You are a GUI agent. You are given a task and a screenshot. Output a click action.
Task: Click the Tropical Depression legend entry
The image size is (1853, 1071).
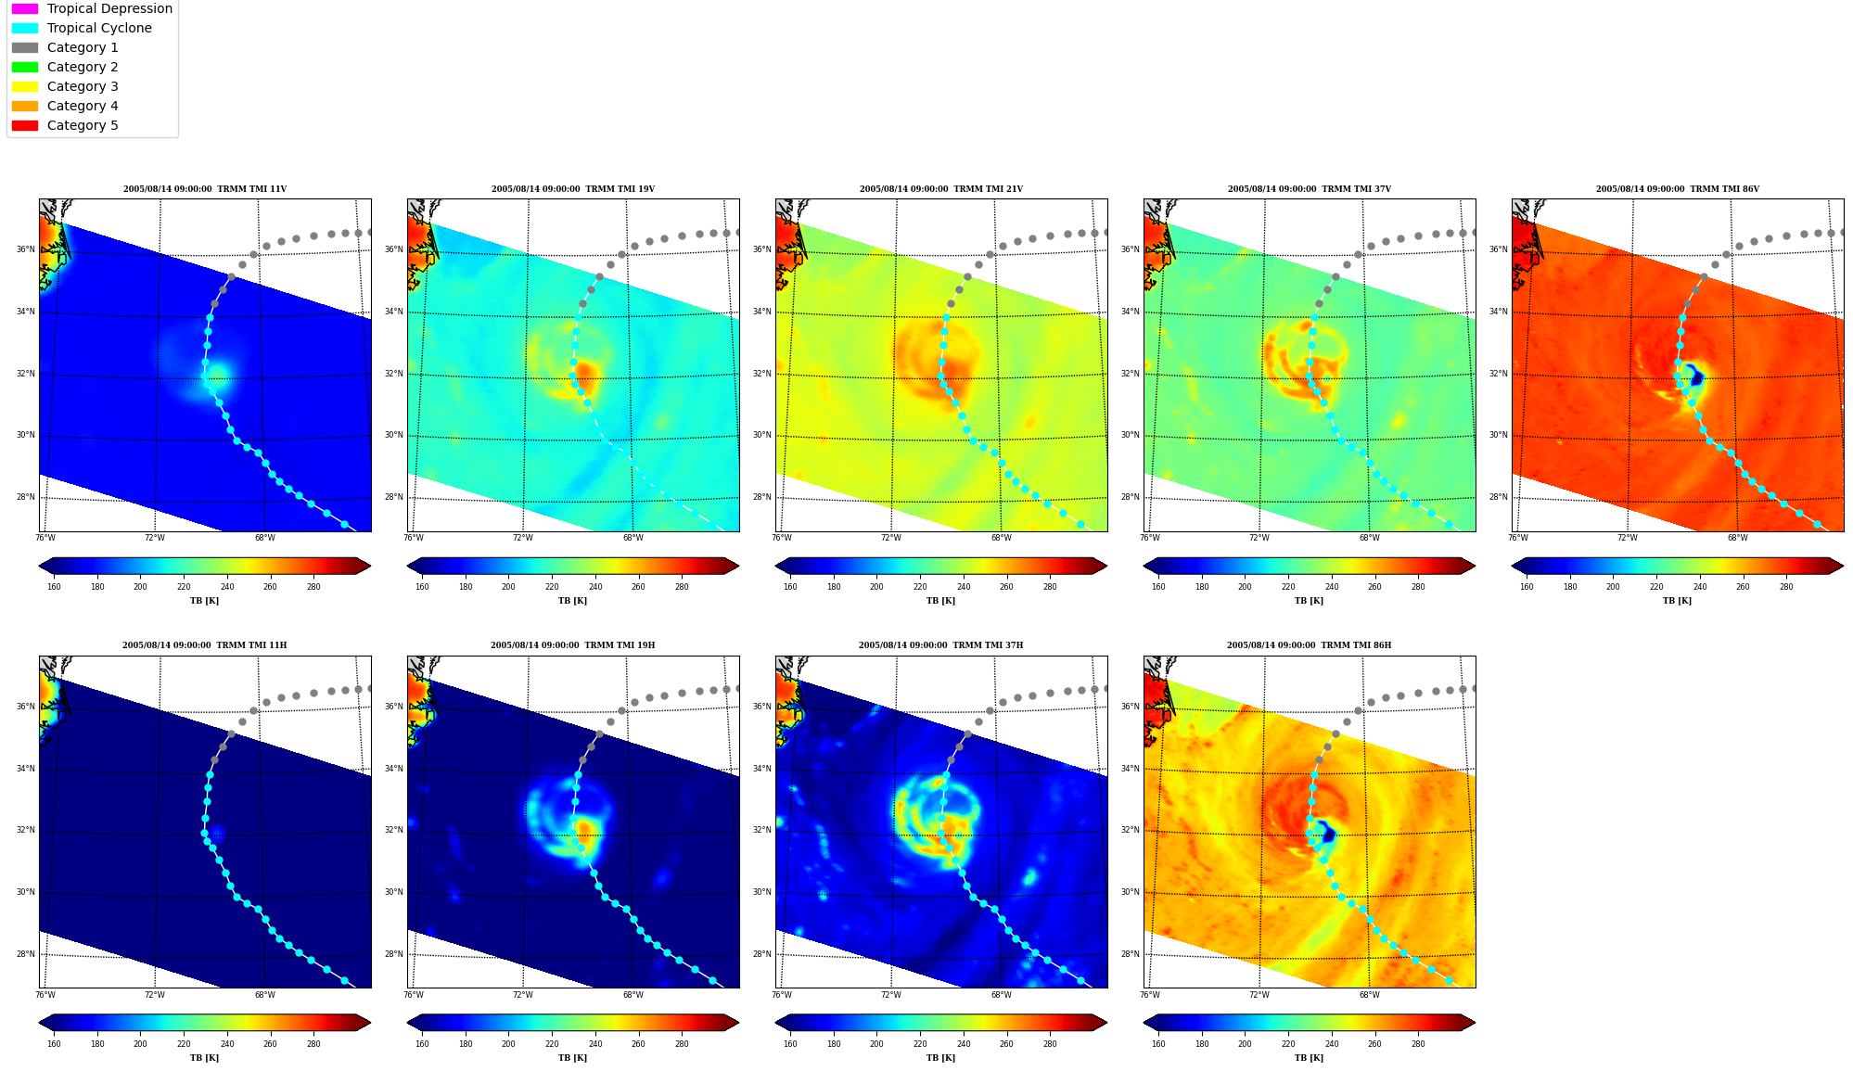(x=92, y=8)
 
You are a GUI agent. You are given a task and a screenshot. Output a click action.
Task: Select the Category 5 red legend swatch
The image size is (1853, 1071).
(x=25, y=125)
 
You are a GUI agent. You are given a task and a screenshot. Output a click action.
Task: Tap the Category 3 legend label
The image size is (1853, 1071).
(x=83, y=86)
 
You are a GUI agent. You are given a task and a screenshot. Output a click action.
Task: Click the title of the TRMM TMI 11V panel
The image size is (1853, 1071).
(x=205, y=189)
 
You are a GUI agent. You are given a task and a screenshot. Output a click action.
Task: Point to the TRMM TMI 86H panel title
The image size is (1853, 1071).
(x=1309, y=645)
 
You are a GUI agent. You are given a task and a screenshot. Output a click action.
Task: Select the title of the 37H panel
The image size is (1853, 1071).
(x=940, y=645)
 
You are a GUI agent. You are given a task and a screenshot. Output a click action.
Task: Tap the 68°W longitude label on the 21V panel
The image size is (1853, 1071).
(x=1001, y=538)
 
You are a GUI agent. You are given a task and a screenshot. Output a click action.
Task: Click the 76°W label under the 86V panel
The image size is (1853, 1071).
(x=1518, y=538)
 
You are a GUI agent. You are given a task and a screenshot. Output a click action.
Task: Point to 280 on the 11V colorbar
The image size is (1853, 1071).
(x=313, y=586)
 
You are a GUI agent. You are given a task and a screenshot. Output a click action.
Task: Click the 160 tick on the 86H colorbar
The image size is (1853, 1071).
(x=1158, y=1044)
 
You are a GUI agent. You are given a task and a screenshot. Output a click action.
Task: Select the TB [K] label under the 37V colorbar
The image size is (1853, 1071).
(x=1309, y=601)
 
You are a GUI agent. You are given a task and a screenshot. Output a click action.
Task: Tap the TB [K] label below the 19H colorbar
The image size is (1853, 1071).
(x=572, y=1058)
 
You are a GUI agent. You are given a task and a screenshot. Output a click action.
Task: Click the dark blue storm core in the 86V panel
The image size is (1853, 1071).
(x=1695, y=376)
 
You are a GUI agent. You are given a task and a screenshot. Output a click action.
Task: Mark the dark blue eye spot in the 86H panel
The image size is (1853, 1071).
(x=1327, y=834)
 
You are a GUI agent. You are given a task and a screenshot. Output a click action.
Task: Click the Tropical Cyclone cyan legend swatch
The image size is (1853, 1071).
(x=25, y=28)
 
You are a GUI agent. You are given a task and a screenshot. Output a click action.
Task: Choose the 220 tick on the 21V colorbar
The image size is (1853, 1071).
(x=920, y=586)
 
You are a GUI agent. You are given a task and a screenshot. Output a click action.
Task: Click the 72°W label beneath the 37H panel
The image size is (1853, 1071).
(x=890, y=995)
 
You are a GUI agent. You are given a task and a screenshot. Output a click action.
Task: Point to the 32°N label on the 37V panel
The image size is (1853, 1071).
(x=1130, y=374)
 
